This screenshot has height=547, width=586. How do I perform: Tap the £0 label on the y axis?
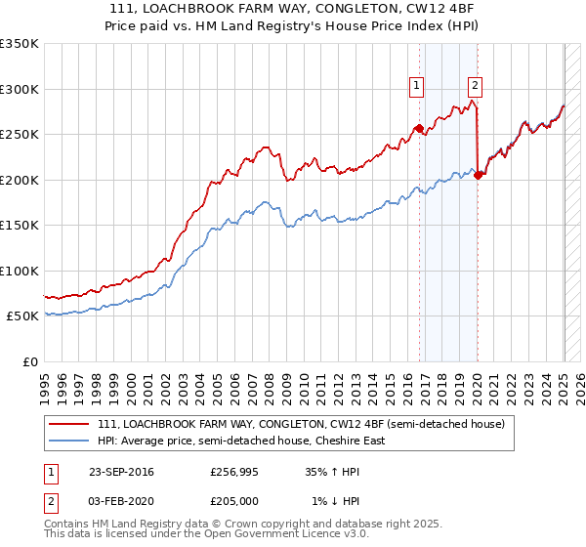click(x=29, y=361)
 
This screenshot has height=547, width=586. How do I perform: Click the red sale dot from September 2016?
click(x=419, y=128)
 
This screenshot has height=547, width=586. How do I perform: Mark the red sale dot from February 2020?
click(x=478, y=176)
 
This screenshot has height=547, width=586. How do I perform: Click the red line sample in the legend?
click(x=69, y=424)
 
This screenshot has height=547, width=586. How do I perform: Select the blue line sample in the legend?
click(x=69, y=441)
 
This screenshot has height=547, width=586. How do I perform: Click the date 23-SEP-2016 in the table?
click(x=121, y=472)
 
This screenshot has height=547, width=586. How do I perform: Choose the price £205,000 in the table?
click(x=234, y=501)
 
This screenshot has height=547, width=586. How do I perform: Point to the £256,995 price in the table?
click(x=234, y=472)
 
